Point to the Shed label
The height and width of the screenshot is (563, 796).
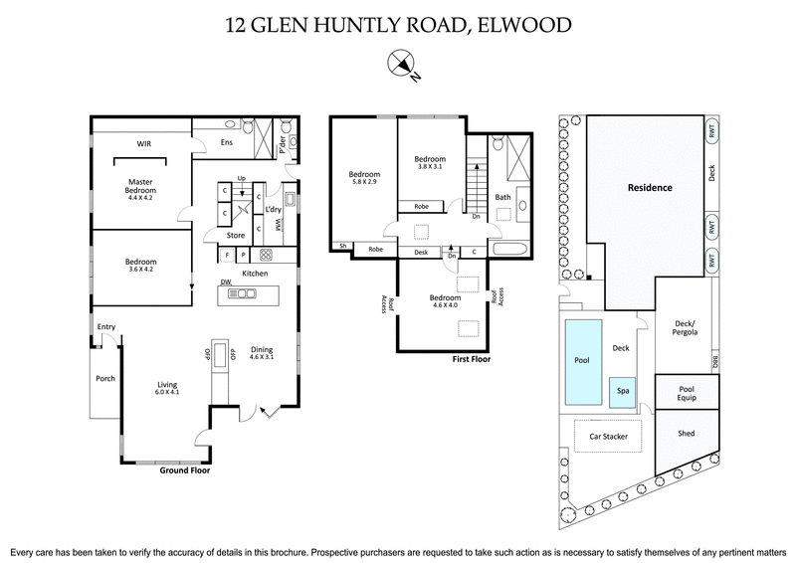[686, 435]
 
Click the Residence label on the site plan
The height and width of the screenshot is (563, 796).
[649, 187]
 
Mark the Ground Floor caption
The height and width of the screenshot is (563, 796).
[187, 471]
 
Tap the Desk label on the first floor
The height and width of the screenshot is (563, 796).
[421, 252]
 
